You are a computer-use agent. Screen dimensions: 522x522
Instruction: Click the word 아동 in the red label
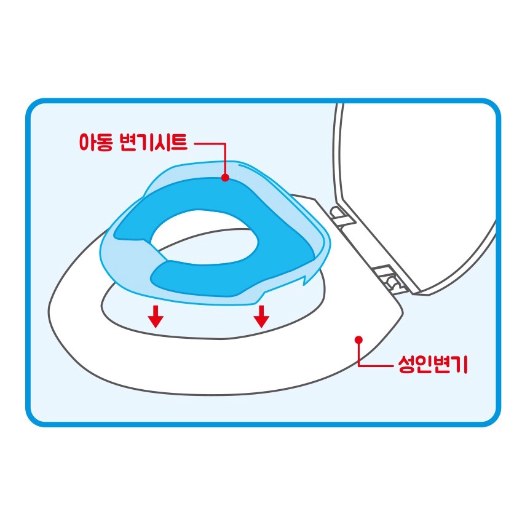pyautogui.click(x=96, y=142)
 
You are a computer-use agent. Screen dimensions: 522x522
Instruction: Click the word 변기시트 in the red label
pyautogui.click(x=154, y=142)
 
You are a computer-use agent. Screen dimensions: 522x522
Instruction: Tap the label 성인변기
pyautogui.click(x=433, y=365)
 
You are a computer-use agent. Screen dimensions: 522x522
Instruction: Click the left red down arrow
pyautogui.click(x=156, y=317)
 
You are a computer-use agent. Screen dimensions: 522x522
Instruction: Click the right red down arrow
pyautogui.click(x=261, y=317)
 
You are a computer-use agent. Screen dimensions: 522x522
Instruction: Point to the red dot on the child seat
pyautogui.click(x=226, y=178)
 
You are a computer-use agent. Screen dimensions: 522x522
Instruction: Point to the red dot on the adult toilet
pyautogui.click(x=358, y=339)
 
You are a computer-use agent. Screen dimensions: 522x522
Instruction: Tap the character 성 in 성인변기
pyautogui.click(x=407, y=365)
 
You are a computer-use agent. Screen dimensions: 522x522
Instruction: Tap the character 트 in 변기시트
pyautogui.click(x=179, y=142)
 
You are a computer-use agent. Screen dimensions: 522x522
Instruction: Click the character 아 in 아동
pyautogui.click(x=87, y=142)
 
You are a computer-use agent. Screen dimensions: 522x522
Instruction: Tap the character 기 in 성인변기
pyautogui.click(x=460, y=365)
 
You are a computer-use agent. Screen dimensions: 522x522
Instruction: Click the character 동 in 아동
pyautogui.click(x=105, y=143)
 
